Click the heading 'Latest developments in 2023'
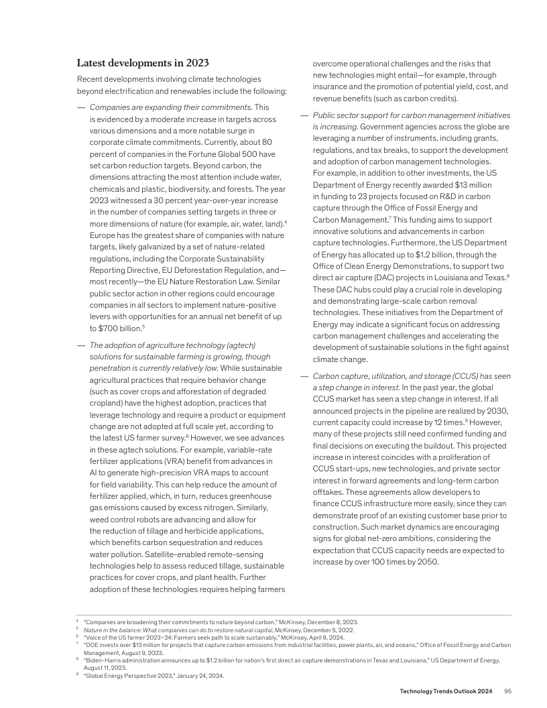point(143,63)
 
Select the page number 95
point(507,691)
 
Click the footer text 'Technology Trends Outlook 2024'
point(446,691)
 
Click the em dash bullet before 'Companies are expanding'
point(81,107)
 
